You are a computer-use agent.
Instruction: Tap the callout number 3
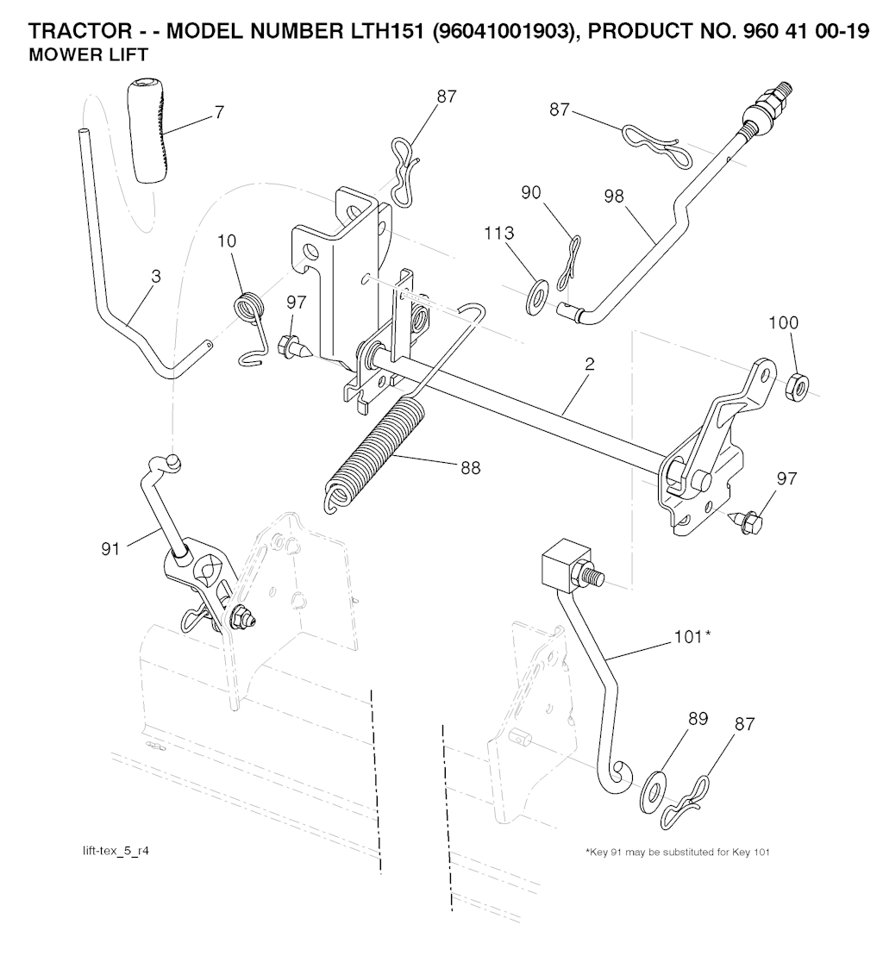pyautogui.click(x=156, y=277)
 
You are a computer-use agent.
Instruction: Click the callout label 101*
pyautogui.click(x=694, y=637)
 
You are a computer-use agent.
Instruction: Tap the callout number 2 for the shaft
pyautogui.click(x=589, y=365)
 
